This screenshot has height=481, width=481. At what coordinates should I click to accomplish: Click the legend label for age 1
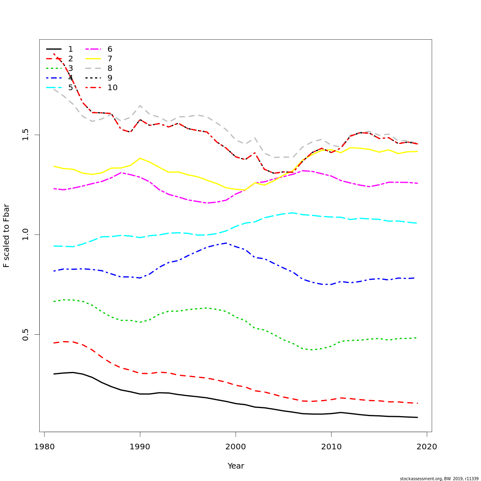pyautogui.click(x=71, y=49)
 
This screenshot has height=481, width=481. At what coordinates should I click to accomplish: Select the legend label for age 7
pyautogui.click(x=110, y=59)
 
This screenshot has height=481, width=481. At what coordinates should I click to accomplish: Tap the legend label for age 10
pyautogui.click(x=112, y=88)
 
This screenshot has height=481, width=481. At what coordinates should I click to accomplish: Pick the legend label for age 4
pyautogui.click(x=71, y=78)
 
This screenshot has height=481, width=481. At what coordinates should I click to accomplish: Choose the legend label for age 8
pyautogui.click(x=110, y=69)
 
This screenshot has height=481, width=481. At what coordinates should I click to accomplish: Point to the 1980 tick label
pyautogui.click(x=44, y=447)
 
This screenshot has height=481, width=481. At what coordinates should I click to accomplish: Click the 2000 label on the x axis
pyautogui.click(x=236, y=447)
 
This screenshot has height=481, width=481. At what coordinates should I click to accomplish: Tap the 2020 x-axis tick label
pyautogui.click(x=427, y=447)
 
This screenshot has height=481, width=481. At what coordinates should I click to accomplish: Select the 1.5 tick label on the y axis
pyautogui.click(x=26, y=135)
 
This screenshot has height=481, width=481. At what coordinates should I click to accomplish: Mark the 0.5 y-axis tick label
pyautogui.click(x=26, y=335)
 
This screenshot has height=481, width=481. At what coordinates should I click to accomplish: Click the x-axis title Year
pyautogui.click(x=236, y=466)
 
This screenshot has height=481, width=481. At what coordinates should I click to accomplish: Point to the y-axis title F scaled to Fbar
pyautogui.click(x=6, y=236)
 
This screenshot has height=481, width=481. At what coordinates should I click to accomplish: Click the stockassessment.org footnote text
pyautogui.click(x=439, y=479)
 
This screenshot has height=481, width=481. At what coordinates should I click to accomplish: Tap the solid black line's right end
pyautogui.click(x=417, y=417)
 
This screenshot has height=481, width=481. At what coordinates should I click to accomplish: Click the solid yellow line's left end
pyautogui.click(x=54, y=166)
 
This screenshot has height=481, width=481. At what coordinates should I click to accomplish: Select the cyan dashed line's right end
pyautogui.click(x=417, y=223)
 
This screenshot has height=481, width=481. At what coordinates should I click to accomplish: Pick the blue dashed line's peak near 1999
pyautogui.click(x=226, y=243)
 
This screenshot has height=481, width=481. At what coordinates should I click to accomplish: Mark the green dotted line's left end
pyautogui.click(x=54, y=301)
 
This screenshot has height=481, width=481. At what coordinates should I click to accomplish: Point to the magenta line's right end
pyautogui.click(x=417, y=183)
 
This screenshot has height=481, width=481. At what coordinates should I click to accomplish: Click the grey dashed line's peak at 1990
pyautogui.click(x=140, y=105)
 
